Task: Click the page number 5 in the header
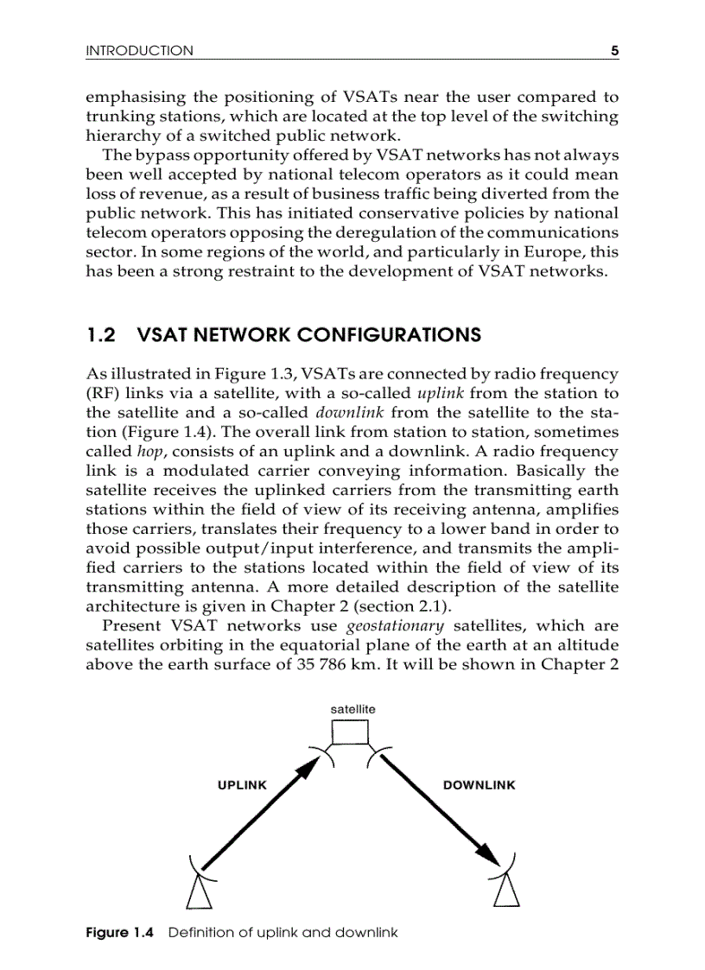coord(614,51)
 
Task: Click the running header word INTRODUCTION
coord(140,51)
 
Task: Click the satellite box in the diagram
coord(351,732)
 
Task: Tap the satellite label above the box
coord(352,708)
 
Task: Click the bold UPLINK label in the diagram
coord(241,785)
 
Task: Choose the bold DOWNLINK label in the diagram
coord(479,785)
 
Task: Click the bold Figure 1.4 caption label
coord(119,933)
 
